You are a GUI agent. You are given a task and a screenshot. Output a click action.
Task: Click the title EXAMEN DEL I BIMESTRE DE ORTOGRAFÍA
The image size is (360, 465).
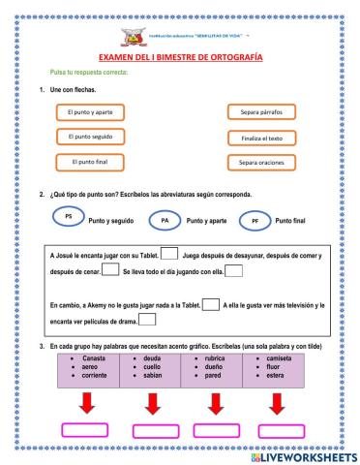pos(180,57)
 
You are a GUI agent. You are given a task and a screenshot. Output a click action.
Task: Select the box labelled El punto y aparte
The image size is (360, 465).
pos(89,112)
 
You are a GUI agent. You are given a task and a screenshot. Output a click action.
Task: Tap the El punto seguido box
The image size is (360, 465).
pos(89,137)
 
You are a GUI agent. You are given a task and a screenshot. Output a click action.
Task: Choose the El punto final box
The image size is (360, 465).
pos(89,161)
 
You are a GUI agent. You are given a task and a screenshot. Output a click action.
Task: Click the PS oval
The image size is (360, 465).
pos(67,216)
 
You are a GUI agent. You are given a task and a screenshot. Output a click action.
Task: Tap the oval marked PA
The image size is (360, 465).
pos(164,222)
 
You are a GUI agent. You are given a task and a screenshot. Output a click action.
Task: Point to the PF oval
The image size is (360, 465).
pos(255,222)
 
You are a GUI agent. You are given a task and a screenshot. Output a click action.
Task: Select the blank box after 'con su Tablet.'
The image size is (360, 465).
pos(168,254)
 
